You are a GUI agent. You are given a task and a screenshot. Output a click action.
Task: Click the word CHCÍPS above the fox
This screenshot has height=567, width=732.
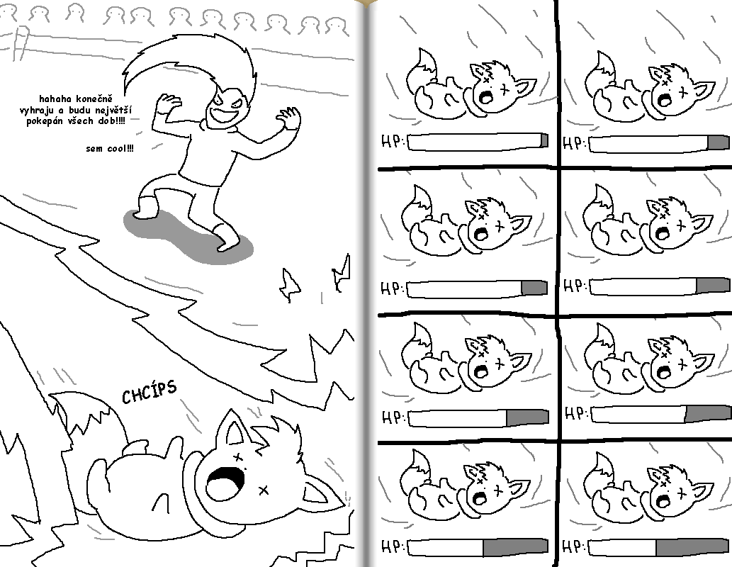click(x=149, y=391)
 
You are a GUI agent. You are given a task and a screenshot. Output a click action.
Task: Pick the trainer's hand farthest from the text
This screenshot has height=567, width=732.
click(x=290, y=118)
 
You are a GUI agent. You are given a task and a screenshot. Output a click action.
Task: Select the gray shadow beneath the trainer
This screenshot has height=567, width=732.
click(x=186, y=234)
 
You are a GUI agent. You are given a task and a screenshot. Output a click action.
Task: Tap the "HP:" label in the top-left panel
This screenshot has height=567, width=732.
click(x=393, y=142)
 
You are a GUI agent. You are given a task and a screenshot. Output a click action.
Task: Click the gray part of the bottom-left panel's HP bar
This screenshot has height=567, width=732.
click(x=515, y=546)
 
